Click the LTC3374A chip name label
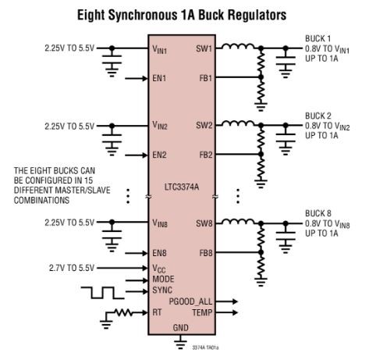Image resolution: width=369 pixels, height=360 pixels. pos(182,187)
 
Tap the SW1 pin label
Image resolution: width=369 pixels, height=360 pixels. pos(204,48)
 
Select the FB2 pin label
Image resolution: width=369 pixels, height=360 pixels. pos(206,155)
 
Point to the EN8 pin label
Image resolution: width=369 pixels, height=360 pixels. pos(159,253)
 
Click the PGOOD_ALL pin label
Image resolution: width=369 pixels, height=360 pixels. pos(190,301)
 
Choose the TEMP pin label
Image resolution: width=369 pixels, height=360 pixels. pos(202,312)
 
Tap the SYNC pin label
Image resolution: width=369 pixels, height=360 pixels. pos(162,290)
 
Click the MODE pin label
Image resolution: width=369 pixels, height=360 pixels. pos(163,279)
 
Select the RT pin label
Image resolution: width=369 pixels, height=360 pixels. pos(157,312)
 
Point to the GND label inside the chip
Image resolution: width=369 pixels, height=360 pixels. pos(181,328)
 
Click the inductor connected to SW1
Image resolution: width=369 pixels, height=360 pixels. pos(238,46)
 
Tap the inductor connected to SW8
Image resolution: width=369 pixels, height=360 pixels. pos(238,221)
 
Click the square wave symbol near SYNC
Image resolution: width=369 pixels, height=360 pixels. pos(102,293)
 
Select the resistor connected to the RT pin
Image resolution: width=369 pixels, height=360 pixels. pos(123,312)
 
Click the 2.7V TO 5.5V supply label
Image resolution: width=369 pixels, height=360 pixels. pos(72,268)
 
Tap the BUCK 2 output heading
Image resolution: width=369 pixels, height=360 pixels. pos(318,116)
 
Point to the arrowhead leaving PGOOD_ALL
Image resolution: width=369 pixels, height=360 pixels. pos(235,301)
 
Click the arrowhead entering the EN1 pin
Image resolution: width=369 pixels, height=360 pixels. pos(144,78)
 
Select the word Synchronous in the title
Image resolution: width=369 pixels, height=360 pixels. pos(142,15)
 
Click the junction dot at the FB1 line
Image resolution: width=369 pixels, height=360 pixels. pos(261,77)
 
